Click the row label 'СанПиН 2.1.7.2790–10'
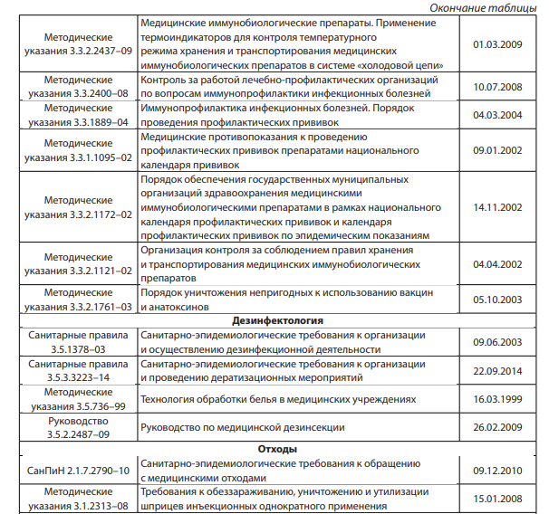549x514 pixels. click(x=78, y=471)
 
